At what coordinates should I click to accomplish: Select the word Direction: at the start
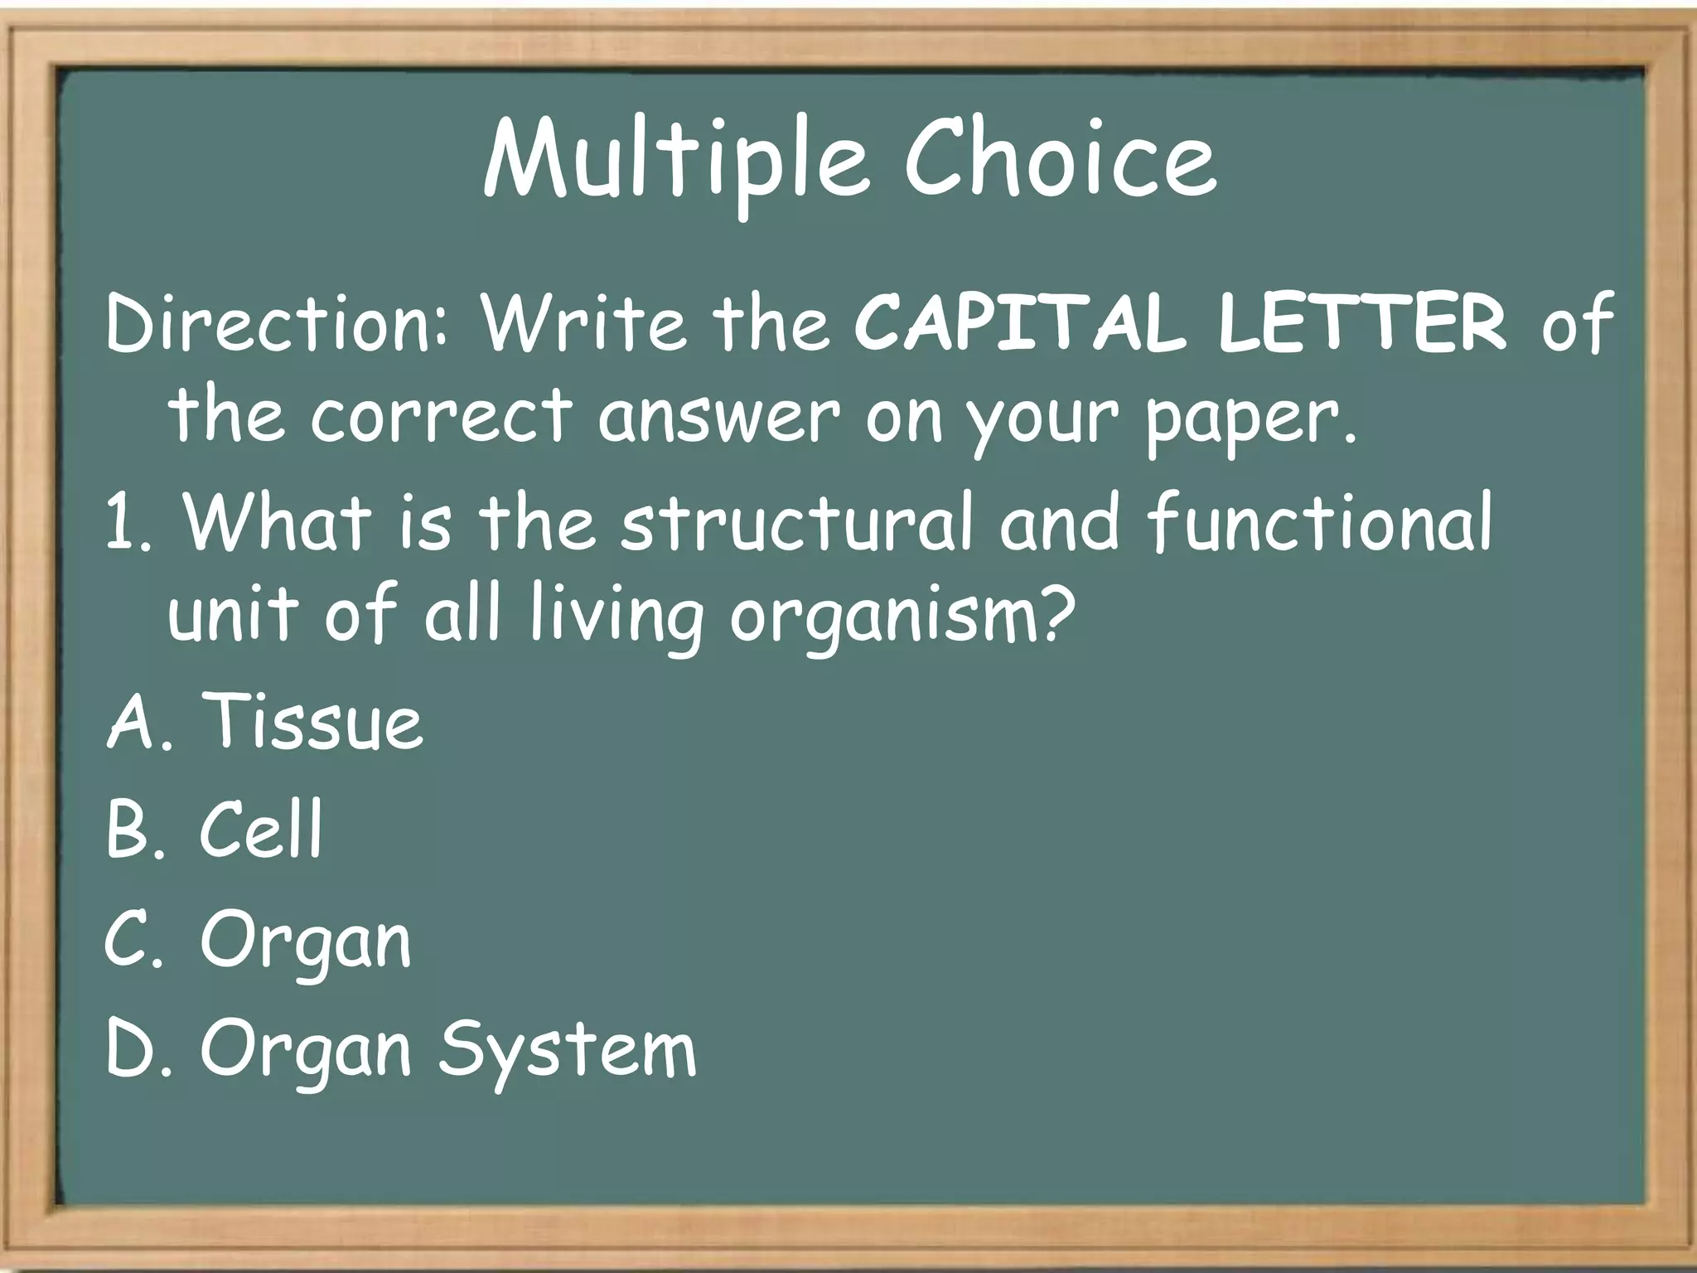coord(278,323)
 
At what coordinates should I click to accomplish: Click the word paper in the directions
coord(1250,419)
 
